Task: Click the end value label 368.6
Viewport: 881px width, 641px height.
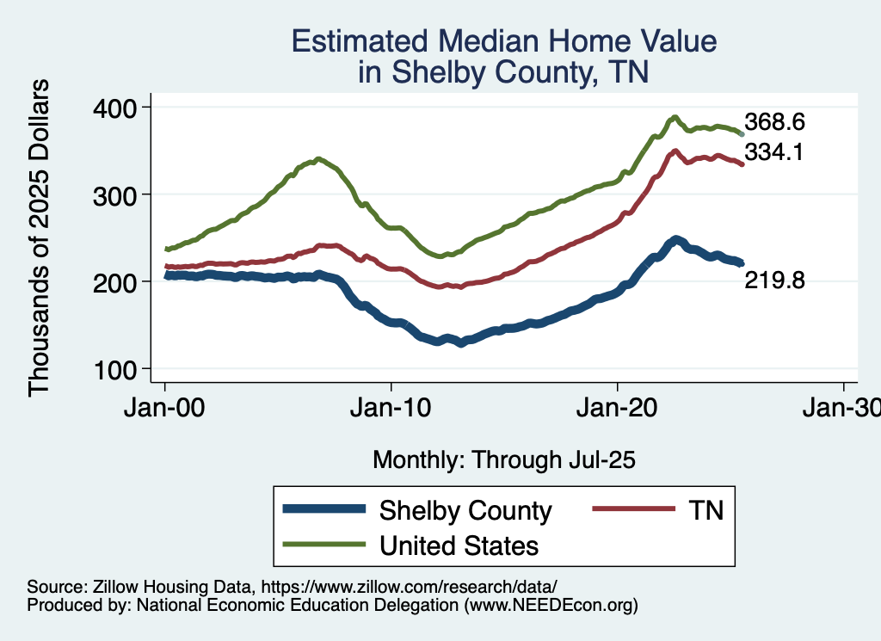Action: [774, 121]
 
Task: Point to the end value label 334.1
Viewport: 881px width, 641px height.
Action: [774, 153]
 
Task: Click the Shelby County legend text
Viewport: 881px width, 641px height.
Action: [465, 510]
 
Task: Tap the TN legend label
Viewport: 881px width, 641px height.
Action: [705, 510]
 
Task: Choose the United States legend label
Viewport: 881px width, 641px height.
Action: [459, 545]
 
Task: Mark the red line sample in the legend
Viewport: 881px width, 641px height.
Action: [632, 510]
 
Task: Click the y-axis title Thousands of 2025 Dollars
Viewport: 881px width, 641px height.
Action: [40, 238]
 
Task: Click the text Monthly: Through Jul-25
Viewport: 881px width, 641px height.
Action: [504, 460]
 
